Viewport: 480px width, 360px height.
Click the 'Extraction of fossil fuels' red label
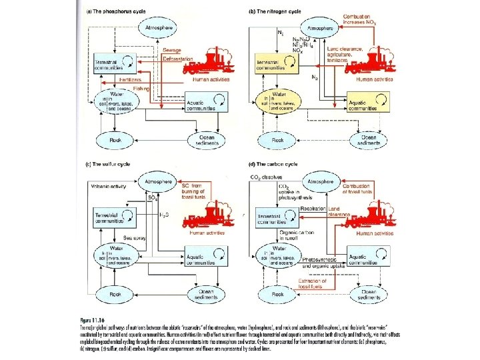click(x=315, y=283)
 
